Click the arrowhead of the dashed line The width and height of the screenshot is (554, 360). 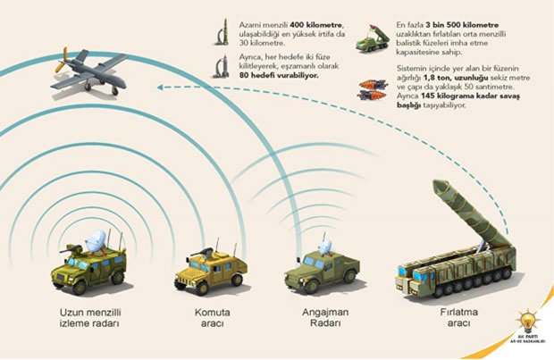point(160,88)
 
